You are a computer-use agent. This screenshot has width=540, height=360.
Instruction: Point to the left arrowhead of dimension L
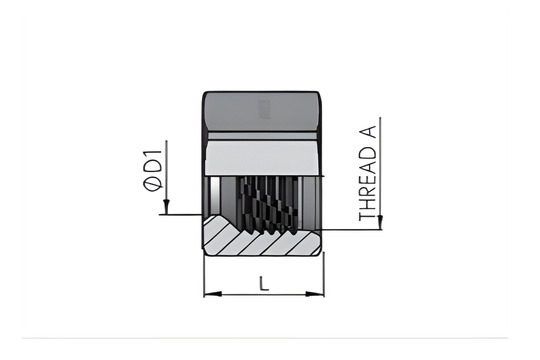[208, 293]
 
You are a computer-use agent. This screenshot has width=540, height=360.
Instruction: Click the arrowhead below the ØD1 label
[166, 210]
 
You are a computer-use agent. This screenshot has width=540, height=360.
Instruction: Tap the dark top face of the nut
[264, 115]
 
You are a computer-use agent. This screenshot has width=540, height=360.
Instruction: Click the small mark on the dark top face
[264, 108]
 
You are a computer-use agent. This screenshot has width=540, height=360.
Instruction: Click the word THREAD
[367, 191]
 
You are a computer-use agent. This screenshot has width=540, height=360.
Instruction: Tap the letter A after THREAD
[367, 146]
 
